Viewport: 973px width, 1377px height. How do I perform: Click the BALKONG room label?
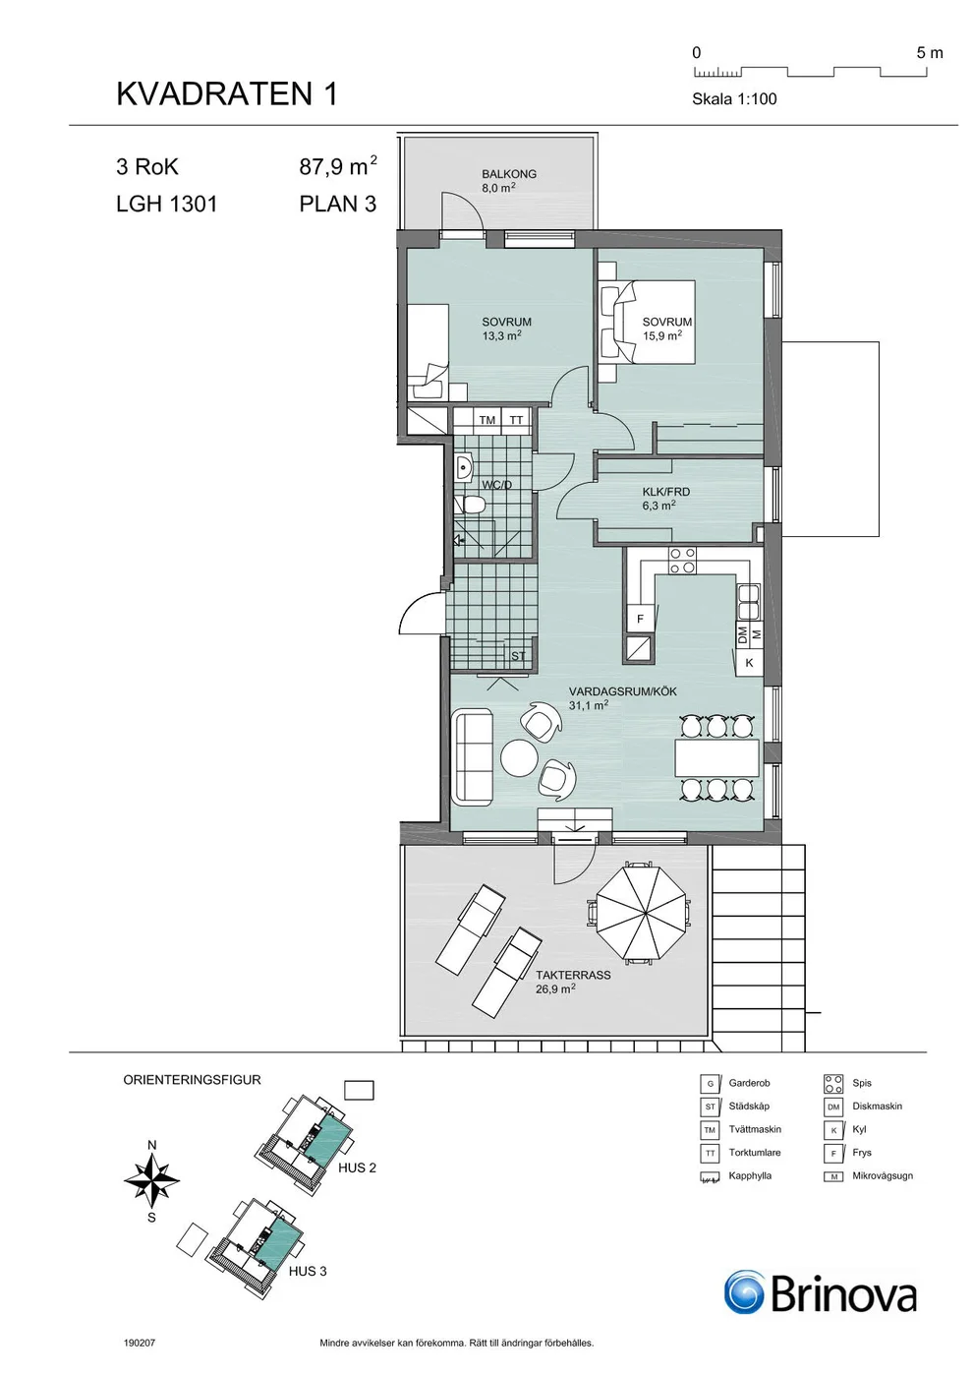point(509,174)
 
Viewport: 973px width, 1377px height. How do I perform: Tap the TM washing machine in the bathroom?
point(487,420)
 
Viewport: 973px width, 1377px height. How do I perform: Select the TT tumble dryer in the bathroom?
point(516,420)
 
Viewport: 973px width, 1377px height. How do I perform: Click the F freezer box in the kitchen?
point(640,619)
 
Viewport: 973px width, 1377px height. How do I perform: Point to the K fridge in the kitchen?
point(749,663)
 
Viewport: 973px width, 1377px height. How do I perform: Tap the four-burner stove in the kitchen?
point(682,560)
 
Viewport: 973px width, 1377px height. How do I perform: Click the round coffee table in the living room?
point(519,757)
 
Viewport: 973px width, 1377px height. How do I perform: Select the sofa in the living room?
point(472,756)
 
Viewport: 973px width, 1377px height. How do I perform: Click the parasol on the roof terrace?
point(641,914)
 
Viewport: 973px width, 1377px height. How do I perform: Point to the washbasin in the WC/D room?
point(464,468)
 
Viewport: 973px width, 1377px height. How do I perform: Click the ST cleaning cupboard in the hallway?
point(517,655)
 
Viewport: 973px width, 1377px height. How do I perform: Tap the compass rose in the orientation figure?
point(151,1179)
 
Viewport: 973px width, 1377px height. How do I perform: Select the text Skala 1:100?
point(734,99)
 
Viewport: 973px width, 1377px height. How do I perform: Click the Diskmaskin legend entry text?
point(877,1106)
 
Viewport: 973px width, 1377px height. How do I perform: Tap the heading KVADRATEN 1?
point(227,94)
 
